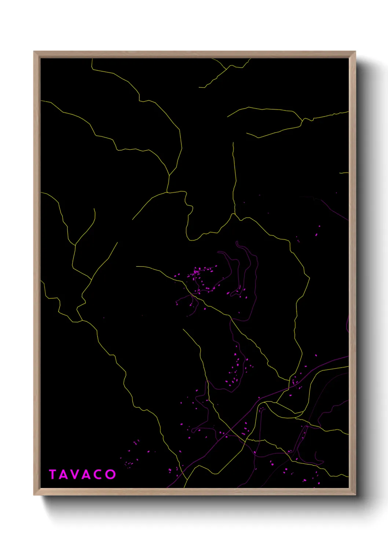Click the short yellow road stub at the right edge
[344, 173]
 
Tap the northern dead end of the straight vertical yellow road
[233, 143]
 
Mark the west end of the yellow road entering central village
[136, 266]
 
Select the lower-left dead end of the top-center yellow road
[199, 87]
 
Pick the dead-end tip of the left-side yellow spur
[94, 209]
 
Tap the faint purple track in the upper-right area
[332, 209]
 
